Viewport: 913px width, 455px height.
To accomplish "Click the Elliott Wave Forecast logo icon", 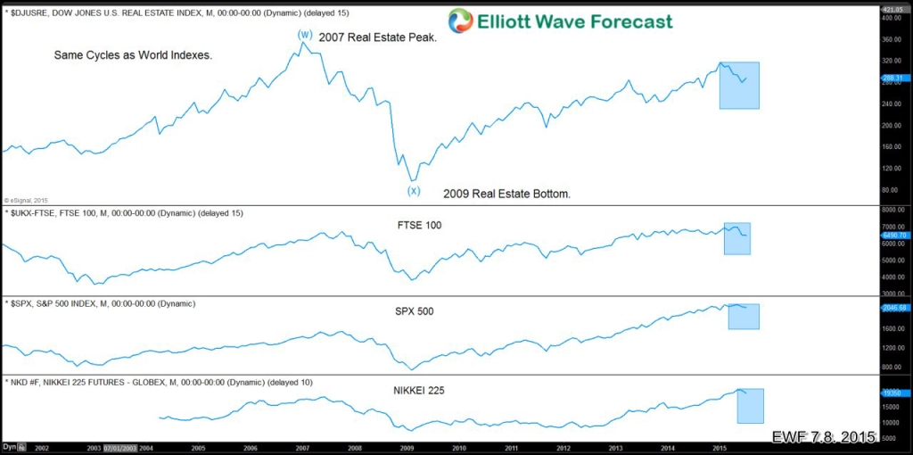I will tap(461, 21).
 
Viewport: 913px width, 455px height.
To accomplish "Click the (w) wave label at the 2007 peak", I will tap(305, 34).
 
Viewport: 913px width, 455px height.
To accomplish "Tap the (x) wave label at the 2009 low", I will tap(414, 190).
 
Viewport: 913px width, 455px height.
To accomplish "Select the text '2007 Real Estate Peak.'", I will tap(377, 38).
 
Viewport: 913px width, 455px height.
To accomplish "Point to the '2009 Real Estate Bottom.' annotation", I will tap(506, 194).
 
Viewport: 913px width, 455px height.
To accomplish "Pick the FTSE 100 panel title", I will tap(419, 225).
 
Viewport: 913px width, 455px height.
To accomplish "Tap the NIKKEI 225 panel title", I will tap(420, 390).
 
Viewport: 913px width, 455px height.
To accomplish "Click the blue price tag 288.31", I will tap(893, 79).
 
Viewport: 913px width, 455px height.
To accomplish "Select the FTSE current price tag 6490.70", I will tap(894, 236).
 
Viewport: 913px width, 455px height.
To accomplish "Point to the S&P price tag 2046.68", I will tap(894, 308).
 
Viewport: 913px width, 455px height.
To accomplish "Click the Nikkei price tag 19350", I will tap(892, 393).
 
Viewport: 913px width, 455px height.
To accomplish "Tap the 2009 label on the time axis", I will tap(407, 447).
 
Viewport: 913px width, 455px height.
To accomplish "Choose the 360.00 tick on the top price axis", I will tap(892, 40).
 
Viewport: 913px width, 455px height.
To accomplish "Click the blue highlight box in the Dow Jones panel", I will tap(739, 86).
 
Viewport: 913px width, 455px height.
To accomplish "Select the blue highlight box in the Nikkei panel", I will tap(751, 406).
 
